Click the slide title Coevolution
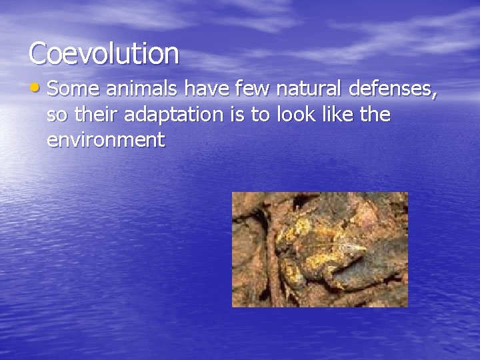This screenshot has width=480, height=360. pyautogui.click(x=104, y=53)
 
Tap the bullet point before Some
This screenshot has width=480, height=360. pyautogui.click(x=36, y=89)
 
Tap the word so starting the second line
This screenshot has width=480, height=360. pyautogui.click(x=57, y=115)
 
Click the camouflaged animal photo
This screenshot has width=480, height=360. pyautogui.click(x=319, y=249)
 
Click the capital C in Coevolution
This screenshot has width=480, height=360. pyautogui.click(x=38, y=53)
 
